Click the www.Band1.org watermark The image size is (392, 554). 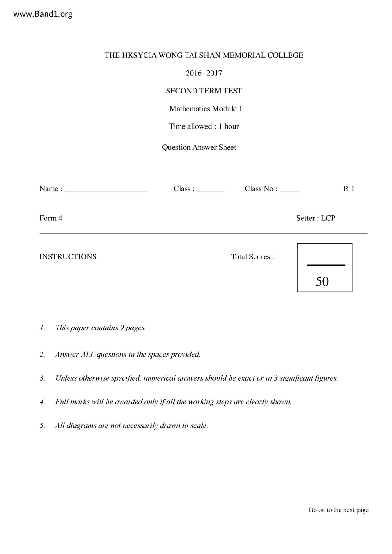click(x=43, y=14)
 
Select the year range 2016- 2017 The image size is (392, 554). click(x=204, y=73)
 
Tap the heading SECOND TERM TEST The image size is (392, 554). click(x=204, y=91)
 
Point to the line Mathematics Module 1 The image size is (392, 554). click(x=206, y=109)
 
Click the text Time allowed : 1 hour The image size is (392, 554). click(x=204, y=126)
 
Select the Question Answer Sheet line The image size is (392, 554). click(x=199, y=147)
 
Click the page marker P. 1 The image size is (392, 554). click(x=349, y=189)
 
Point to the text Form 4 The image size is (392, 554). click(x=51, y=218)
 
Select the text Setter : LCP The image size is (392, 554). click(x=316, y=218)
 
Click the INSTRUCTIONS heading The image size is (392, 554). click(x=68, y=256)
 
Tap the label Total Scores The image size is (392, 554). click(x=252, y=256)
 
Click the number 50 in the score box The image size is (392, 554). click(x=322, y=281)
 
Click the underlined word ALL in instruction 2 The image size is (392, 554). click(x=88, y=354)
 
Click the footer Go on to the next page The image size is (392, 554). click(x=339, y=510)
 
